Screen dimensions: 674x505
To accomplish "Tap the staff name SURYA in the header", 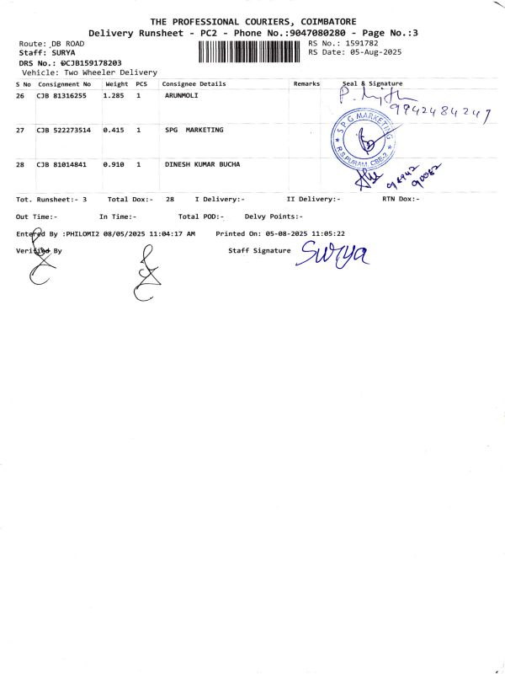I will point(63,52).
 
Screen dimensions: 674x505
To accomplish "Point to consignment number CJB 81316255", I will point(61,96).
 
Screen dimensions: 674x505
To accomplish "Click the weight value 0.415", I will point(114,131).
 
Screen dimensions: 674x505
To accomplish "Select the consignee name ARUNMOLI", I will point(181,96).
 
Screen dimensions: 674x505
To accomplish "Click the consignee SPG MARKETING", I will point(194,131).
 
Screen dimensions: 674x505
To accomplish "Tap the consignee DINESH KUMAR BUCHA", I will point(202,164).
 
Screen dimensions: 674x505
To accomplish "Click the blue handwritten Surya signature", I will point(334,252).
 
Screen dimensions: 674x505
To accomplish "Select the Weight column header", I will point(116,84).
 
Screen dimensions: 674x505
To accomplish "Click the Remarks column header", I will point(306,84).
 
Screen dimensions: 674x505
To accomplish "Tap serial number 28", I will point(20,164).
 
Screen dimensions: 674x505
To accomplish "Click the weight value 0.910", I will point(114,164).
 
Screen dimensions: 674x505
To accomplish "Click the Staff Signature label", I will point(259,250).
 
